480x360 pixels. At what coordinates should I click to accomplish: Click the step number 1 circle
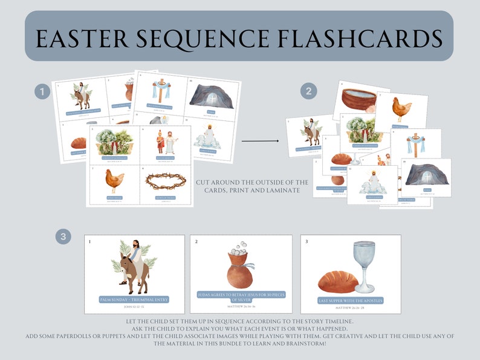click(x=42, y=92)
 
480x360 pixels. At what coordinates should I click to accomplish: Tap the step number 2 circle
click(x=309, y=92)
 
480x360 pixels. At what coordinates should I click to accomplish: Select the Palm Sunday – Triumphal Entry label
click(x=135, y=299)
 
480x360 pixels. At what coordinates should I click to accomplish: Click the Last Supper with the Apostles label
click(x=350, y=300)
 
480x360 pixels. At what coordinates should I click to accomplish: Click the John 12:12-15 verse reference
click(x=135, y=306)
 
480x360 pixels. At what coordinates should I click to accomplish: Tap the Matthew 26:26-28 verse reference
click(x=350, y=307)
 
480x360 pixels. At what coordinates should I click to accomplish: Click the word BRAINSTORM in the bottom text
click(x=306, y=343)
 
